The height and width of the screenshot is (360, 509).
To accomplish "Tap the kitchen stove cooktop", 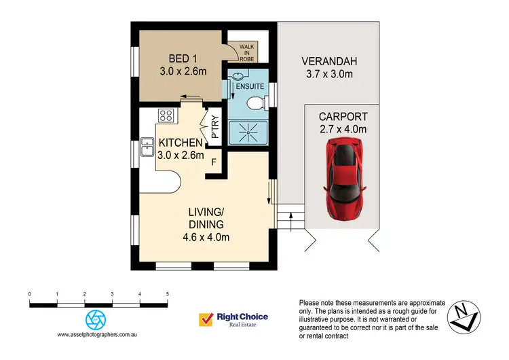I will coord(166,115).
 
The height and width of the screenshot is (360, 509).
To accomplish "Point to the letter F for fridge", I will coord(214,162).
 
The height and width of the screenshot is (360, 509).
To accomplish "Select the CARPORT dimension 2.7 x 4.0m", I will coord(343,129).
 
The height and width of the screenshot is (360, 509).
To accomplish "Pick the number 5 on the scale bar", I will coord(167,294).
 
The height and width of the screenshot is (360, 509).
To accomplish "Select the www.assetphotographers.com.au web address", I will coord(98,335).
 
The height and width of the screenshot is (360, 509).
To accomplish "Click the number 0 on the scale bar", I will coord(29,294).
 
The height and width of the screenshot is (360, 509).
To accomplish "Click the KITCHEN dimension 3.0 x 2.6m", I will coord(181,154).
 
